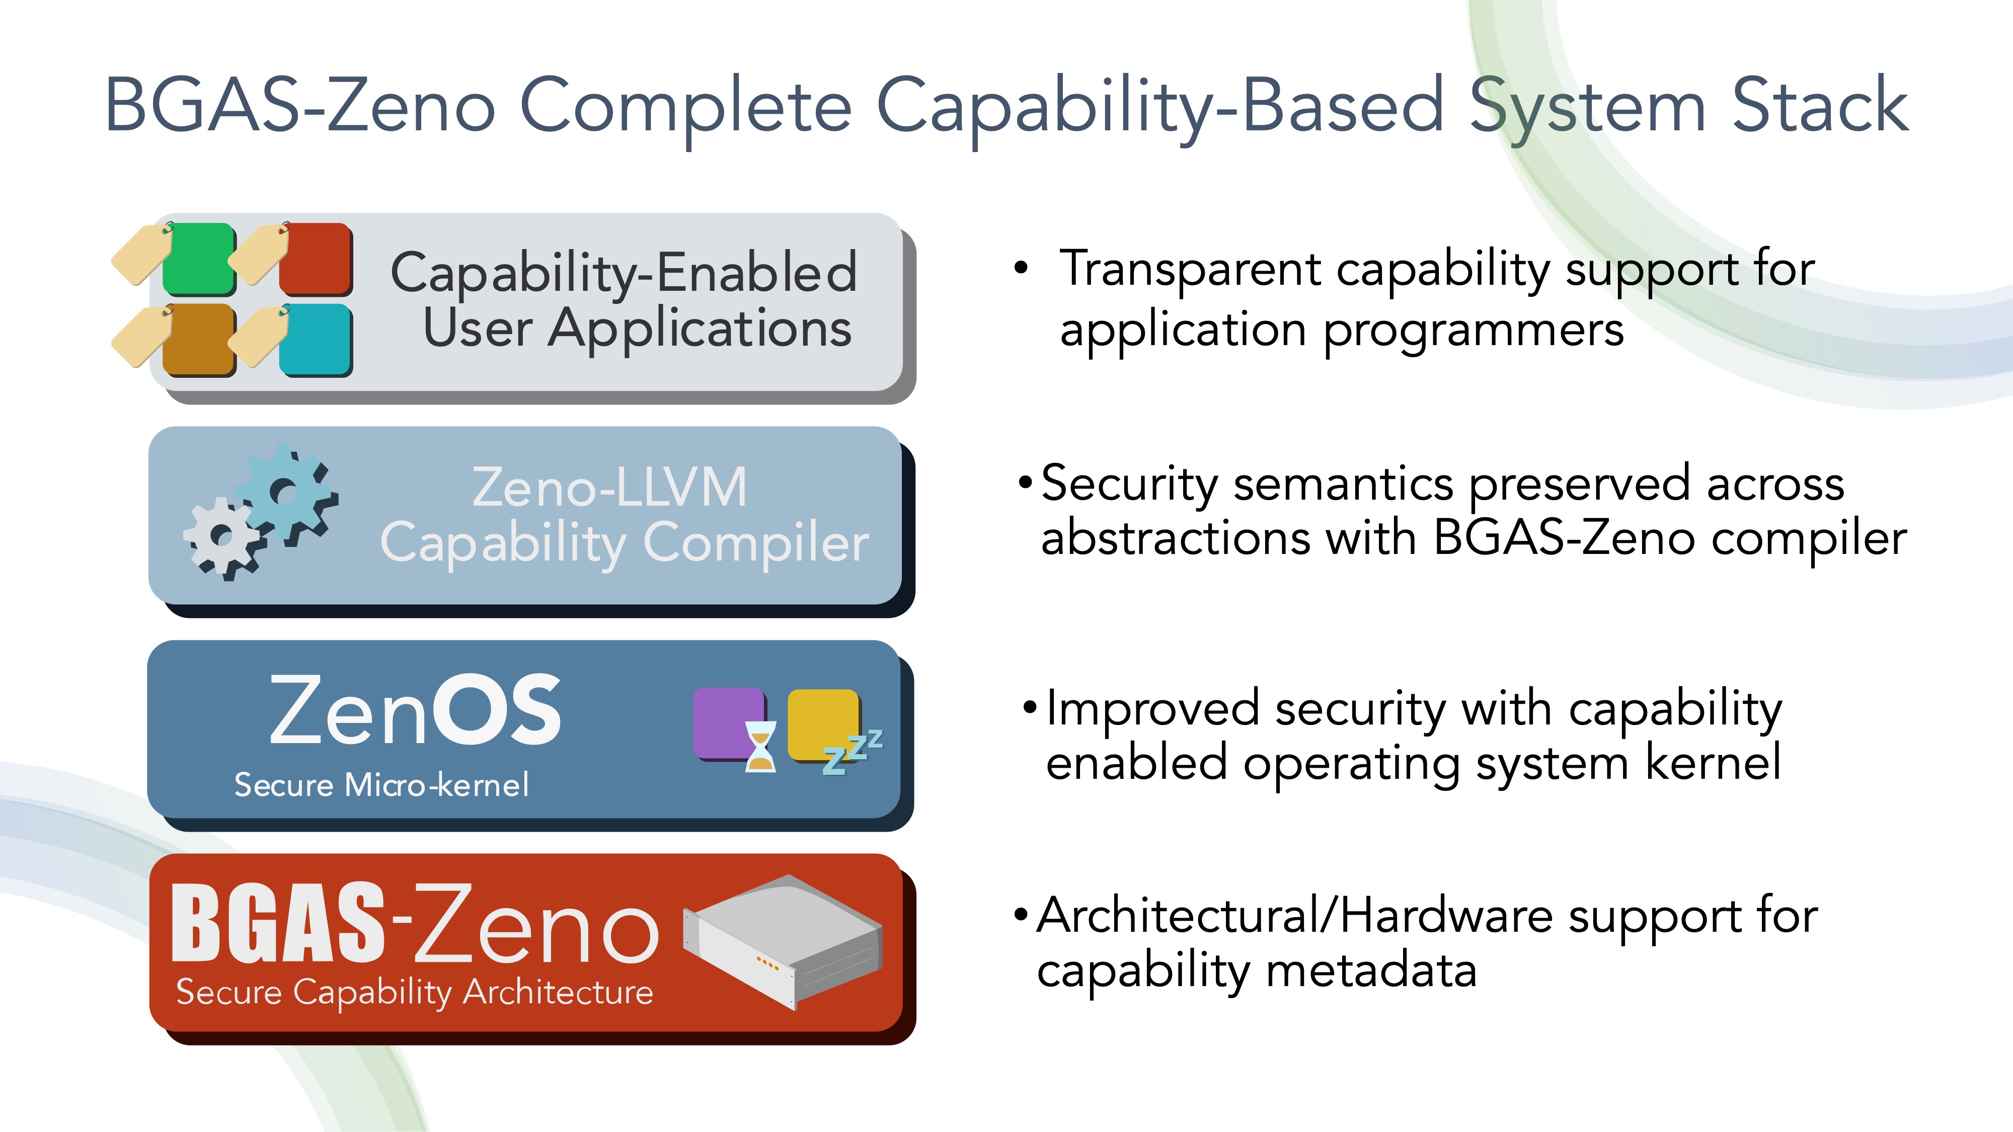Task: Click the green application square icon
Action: pyautogui.click(x=199, y=259)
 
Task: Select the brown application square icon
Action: pyautogui.click(x=199, y=340)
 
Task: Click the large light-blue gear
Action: pyautogui.click(x=287, y=494)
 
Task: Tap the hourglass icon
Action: pyautogui.click(x=760, y=746)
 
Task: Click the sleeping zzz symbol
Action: pyautogui.click(x=853, y=752)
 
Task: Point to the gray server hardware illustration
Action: pyautogui.click(x=783, y=941)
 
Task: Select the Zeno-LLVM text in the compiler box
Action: pyautogui.click(x=609, y=487)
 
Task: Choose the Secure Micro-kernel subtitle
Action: pyautogui.click(x=381, y=784)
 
